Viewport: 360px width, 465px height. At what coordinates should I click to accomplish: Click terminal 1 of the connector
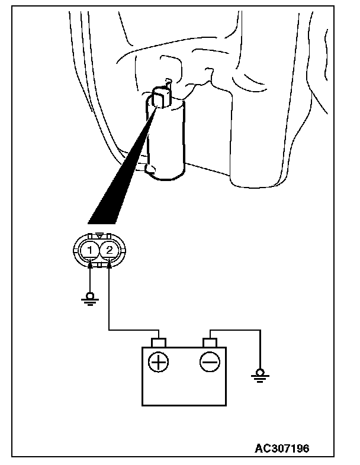tap(89, 250)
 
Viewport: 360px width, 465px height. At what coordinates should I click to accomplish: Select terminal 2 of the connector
tap(110, 250)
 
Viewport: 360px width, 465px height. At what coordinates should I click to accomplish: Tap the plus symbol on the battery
tap(158, 360)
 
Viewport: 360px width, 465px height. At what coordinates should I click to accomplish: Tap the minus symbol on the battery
tap(210, 360)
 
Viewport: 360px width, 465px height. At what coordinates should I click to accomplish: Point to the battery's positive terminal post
tap(158, 342)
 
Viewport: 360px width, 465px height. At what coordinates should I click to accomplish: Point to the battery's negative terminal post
tap(210, 342)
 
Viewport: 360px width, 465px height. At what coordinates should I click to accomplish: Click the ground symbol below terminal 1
tap(89, 302)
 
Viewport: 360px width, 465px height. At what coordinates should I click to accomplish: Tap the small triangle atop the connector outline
tap(99, 235)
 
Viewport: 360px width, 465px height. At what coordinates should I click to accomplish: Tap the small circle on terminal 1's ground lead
tap(89, 295)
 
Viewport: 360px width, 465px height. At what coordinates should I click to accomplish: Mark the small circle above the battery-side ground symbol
tap(258, 372)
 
